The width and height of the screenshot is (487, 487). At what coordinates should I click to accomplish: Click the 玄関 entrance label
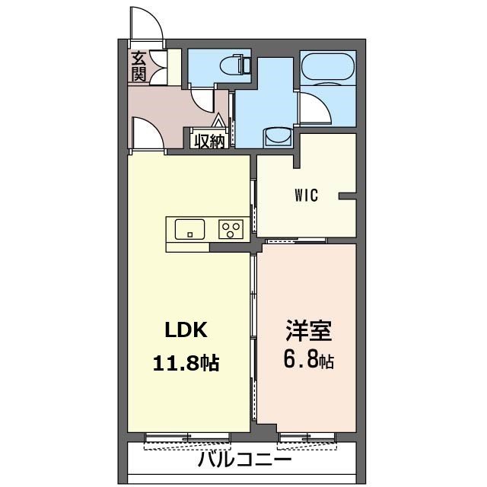pos(138,67)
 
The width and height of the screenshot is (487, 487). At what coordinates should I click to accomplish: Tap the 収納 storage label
pos(209,142)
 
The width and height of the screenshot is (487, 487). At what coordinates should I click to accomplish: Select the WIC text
pos(306,196)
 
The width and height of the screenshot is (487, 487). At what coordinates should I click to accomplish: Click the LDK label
pos(186,329)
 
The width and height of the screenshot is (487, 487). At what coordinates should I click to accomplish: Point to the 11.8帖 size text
pos(186,363)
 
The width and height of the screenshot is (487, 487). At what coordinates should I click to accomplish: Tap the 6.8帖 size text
pos(309,360)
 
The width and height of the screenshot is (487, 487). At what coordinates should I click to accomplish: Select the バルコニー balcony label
pos(245,460)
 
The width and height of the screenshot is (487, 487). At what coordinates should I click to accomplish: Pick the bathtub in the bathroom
pos(328,67)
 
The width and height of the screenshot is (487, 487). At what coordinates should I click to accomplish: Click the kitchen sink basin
pos(189,229)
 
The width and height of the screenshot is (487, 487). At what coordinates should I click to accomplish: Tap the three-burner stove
pos(231,229)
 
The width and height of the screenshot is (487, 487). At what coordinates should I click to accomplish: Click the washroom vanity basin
pos(278,137)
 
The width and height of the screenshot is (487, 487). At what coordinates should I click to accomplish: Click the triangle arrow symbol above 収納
pos(218,120)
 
